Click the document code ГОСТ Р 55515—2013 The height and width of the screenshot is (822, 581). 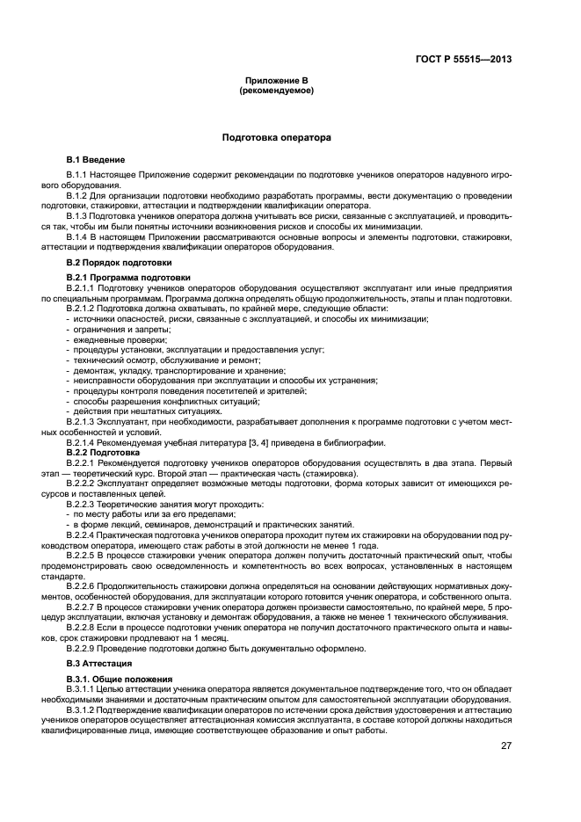point(464,60)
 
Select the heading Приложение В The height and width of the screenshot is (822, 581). point(276,80)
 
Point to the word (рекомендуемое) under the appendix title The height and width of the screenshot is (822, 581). point(276,90)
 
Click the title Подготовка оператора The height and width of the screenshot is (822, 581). point(276,138)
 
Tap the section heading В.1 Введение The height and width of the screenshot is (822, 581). point(96,159)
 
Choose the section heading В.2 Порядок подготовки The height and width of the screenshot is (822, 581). point(119,263)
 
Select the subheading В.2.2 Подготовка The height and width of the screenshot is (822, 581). point(105,451)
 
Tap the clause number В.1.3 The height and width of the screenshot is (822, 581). point(77,215)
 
